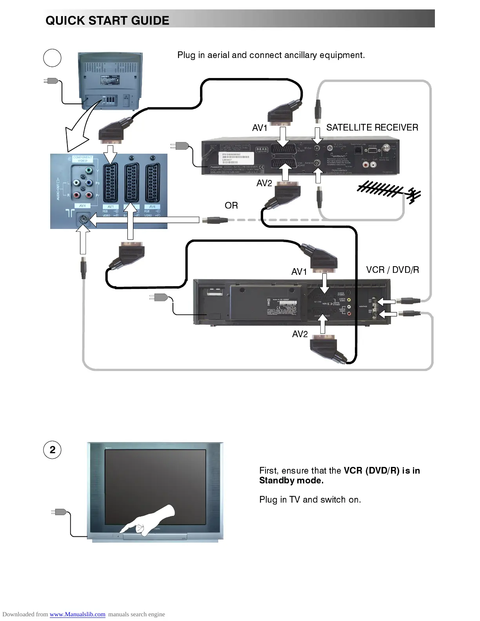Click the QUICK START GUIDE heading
(x=107, y=20)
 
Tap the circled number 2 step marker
(x=52, y=450)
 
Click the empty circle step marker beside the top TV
(x=52, y=58)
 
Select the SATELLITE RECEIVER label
(x=372, y=127)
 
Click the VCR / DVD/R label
(x=392, y=270)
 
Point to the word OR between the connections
(x=231, y=205)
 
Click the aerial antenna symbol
(x=389, y=192)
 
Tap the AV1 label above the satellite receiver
(x=260, y=128)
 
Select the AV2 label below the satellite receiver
(x=264, y=183)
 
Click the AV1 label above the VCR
(x=299, y=272)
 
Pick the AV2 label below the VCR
(x=300, y=334)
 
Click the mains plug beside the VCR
(x=159, y=298)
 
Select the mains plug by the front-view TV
(x=60, y=512)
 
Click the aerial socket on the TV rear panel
(x=83, y=219)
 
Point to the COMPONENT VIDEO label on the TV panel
(x=82, y=159)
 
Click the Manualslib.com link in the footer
(x=77, y=614)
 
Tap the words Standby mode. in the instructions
(x=291, y=481)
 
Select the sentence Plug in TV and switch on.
(x=310, y=499)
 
